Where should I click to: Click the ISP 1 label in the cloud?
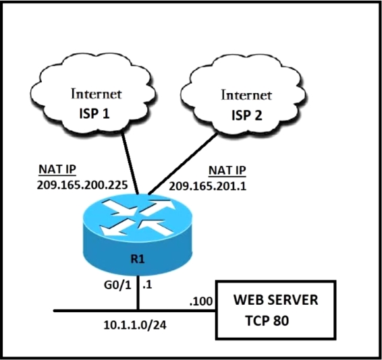click(x=94, y=113)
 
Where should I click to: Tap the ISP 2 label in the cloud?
click(x=246, y=115)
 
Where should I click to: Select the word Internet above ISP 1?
click(x=97, y=94)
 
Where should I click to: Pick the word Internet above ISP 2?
click(x=246, y=95)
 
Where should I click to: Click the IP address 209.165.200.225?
click(x=82, y=185)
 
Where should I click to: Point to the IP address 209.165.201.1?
click(x=208, y=186)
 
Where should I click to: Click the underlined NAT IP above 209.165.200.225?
click(x=57, y=169)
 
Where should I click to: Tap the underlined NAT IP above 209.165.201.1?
click(x=227, y=171)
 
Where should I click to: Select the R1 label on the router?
click(x=138, y=259)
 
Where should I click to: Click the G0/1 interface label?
click(x=117, y=284)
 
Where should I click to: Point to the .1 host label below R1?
click(x=147, y=284)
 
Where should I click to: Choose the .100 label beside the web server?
click(x=201, y=301)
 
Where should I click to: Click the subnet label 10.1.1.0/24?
click(x=135, y=325)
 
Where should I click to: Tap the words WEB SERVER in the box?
click(x=276, y=299)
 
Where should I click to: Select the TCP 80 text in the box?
click(x=267, y=320)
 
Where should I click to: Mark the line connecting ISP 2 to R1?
click(x=183, y=164)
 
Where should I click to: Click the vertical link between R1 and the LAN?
click(x=138, y=293)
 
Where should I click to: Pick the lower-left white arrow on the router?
click(x=115, y=229)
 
